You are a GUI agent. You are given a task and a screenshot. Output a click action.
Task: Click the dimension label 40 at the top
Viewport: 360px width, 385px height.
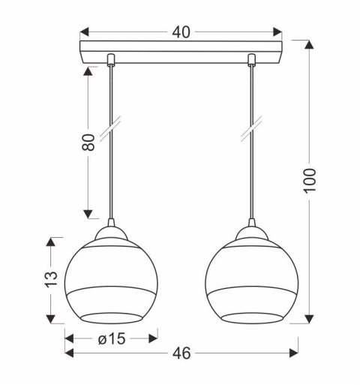pos(181,32)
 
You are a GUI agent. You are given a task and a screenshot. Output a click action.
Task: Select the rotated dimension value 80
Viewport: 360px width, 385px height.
pos(88,143)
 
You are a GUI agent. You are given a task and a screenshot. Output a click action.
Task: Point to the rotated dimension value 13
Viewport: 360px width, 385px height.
pos(50,278)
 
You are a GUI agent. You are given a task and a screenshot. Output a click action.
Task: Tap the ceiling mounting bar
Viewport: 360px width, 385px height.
pos(181,57)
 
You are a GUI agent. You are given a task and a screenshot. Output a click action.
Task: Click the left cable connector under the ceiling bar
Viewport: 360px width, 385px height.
pos(112,59)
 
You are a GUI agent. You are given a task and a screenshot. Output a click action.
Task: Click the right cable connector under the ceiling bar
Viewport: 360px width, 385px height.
pos(251,59)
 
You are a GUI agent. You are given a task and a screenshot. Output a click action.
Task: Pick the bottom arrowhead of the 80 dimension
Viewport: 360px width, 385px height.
pos(88,211)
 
